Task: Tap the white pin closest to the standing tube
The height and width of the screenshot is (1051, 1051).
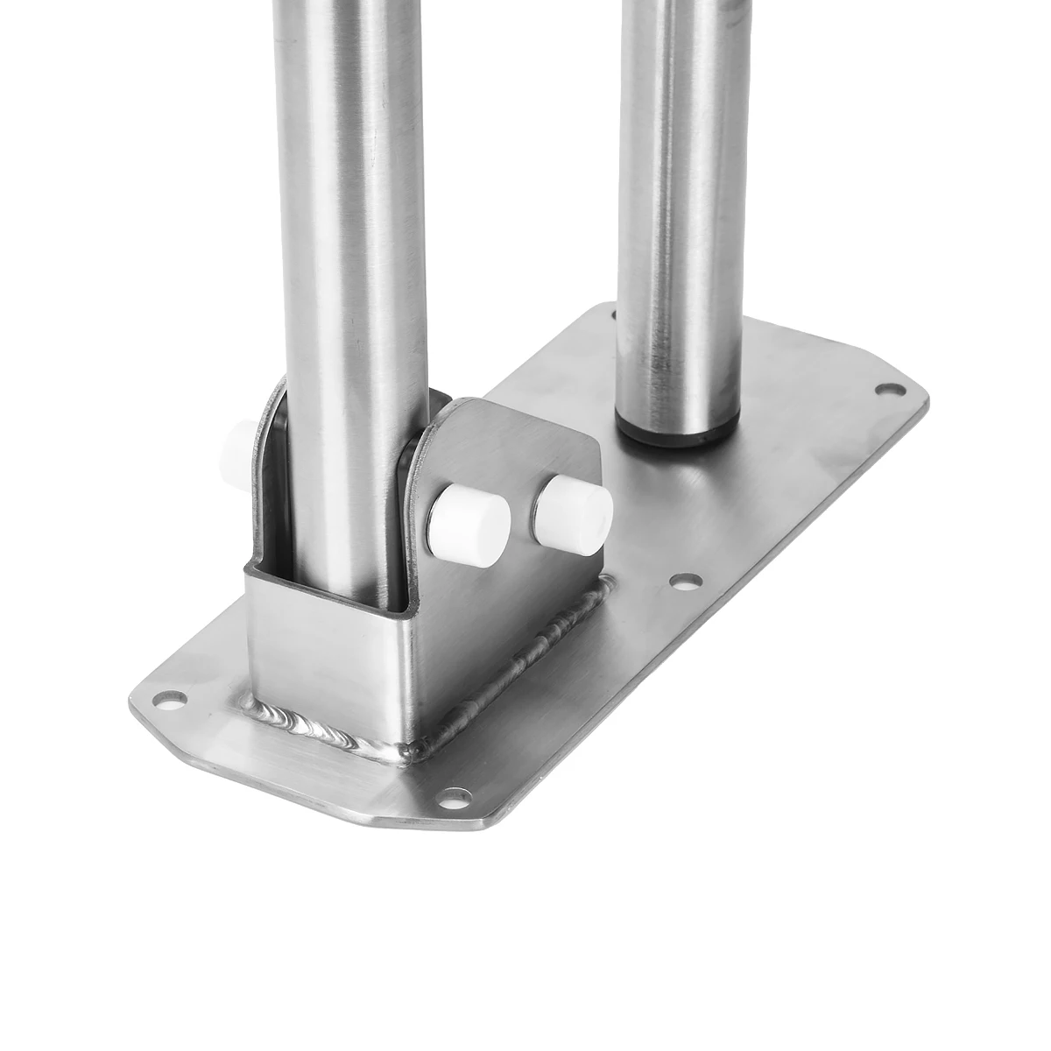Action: [x=574, y=513]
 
